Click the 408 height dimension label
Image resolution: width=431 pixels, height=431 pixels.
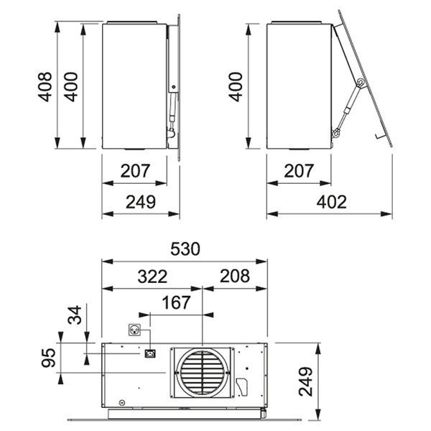tap(45, 87)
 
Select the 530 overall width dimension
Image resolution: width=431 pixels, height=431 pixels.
tap(185, 249)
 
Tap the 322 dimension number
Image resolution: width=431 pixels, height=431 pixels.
tap(152, 277)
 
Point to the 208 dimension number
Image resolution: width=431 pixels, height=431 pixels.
tap(235, 276)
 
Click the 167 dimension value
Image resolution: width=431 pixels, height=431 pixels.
tap(176, 302)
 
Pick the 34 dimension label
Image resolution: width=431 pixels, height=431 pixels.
tap(75, 315)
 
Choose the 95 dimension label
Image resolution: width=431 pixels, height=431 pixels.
tap(49, 358)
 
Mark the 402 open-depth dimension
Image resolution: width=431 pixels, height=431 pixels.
tap(331, 202)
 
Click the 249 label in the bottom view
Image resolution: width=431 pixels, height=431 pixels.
tap(306, 381)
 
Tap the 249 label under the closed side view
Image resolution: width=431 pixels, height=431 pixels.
tap(141, 202)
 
